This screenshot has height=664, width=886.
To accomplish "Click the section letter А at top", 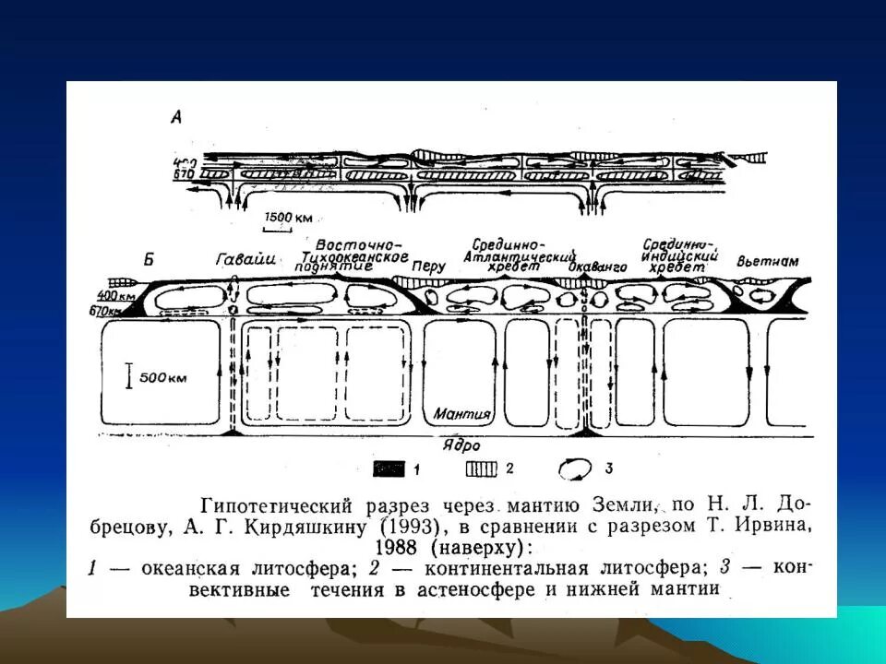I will (x=176, y=116).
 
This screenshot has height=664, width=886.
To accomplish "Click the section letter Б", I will (x=149, y=258).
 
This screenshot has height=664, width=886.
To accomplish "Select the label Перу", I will (x=430, y=266).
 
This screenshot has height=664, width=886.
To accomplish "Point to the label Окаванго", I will (x=591, y=267).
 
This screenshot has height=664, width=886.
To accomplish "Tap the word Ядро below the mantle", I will (x=461, y=443).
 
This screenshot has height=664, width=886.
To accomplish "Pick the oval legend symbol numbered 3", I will (x=575, y=469).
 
